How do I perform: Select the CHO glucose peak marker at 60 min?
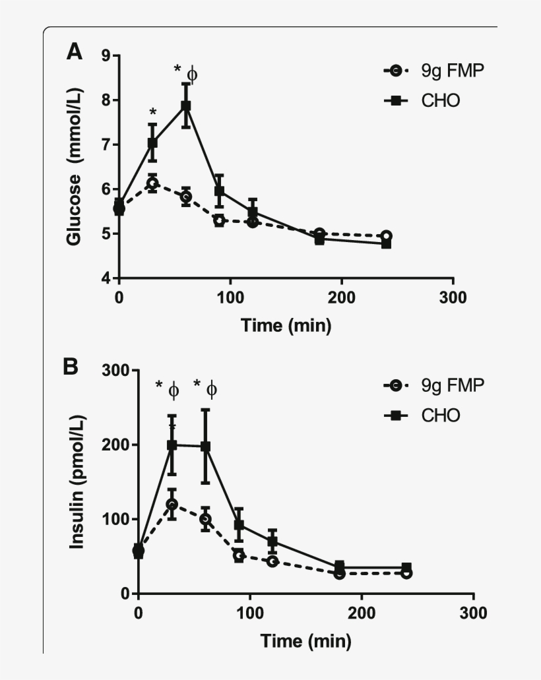point(186,106)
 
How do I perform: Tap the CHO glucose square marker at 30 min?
point(152,142)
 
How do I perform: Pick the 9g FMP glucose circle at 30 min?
point(152,183)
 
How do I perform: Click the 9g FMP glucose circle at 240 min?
point(387,236)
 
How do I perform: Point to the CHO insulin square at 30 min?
point(172,445)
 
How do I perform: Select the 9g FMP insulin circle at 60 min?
point(205,519)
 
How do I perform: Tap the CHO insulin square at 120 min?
point(272,542)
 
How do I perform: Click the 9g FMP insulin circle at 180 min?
point(340,574)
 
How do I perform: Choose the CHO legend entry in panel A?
point(422,101)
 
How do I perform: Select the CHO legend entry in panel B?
point(422,416)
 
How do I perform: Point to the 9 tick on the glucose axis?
point(106,56)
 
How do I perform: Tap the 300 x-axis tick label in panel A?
point(453,297)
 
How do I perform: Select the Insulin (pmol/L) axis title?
point(77,483)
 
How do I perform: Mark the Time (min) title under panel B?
point(305,640)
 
